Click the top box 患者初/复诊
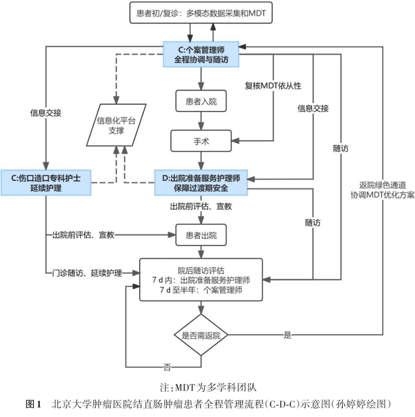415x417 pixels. tap(200, 14)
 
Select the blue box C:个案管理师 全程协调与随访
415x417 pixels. tap(201, 54)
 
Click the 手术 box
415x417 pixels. tap(201, 141)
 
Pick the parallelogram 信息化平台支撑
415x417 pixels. tap(116, 125)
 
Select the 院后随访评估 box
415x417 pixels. tap(201, 280)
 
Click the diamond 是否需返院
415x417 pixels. tap(201, 335)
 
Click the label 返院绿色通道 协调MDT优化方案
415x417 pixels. tap(382, 190)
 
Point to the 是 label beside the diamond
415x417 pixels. tap(287, 335)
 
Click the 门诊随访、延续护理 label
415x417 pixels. tap(87, 273)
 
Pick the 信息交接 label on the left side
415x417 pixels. tap(46, 113)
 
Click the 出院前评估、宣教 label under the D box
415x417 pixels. tap(201, 206)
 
